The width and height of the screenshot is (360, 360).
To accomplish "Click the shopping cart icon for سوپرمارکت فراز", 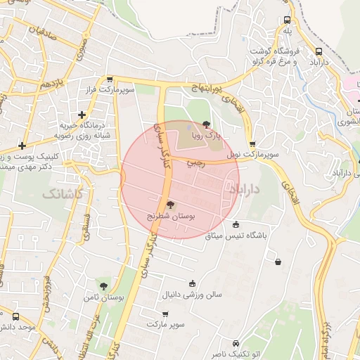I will (110, 79).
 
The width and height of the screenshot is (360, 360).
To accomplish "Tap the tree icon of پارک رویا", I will (206, 124).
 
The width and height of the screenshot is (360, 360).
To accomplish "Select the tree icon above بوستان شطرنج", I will (171, 205).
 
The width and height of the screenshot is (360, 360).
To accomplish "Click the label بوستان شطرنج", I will (171, 217).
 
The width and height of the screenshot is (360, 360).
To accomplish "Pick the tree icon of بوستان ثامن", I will (104, 286).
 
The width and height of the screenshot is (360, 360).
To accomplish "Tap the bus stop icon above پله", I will (287, 20).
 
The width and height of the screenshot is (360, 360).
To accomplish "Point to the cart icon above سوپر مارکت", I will (165, 314).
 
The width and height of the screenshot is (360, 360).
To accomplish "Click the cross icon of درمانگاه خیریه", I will (82, 114).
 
